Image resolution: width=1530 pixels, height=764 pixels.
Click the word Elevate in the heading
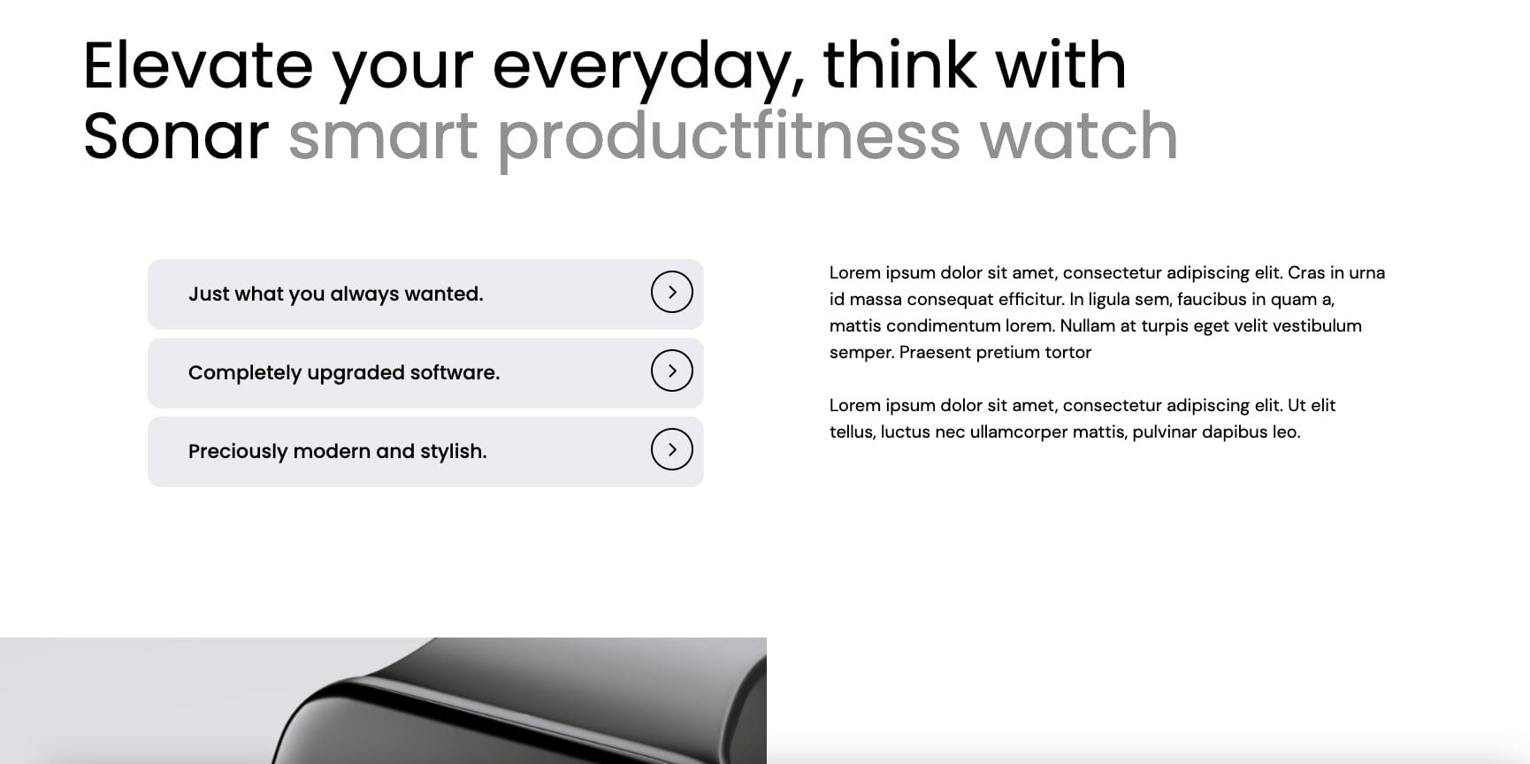198,65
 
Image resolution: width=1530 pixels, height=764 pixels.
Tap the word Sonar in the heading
176,136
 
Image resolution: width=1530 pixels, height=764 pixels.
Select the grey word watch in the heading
1079,136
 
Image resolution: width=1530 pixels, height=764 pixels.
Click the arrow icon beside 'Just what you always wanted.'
672,292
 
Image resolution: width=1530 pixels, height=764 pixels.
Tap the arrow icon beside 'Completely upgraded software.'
672,371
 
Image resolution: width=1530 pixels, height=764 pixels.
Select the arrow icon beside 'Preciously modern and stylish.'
672,449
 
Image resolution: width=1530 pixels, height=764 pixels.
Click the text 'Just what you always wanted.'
336,294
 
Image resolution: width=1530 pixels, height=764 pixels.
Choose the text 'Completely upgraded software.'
344,373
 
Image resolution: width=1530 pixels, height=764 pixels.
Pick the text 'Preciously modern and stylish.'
338,452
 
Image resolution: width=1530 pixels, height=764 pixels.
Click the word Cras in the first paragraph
1306,272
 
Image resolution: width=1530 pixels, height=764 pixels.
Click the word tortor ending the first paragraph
1068,353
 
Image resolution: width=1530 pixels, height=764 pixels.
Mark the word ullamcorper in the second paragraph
1019,432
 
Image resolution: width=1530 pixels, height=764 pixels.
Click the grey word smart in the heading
383,138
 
